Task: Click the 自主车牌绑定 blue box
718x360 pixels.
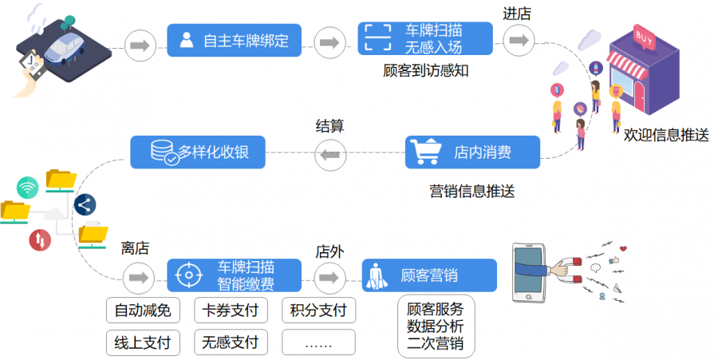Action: click(234, 40)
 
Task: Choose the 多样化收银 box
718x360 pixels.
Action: click(197, 152)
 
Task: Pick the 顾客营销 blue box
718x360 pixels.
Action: click(429, 275)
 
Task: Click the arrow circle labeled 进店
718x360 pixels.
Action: click(518, 40)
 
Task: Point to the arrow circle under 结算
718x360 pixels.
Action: click(330, 152)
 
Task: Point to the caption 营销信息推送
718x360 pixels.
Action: click(472, 191)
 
